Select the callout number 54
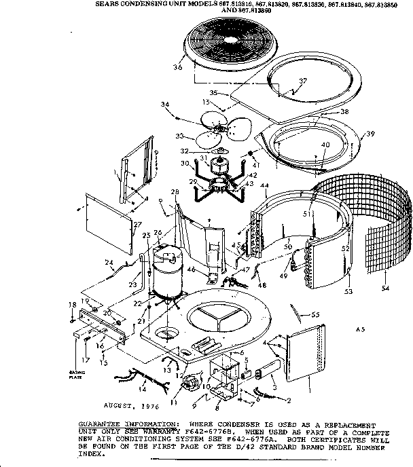point(385,288)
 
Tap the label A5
point(360,329)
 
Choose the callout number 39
point(370,135)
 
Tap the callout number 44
point(264,186)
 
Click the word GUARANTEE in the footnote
point(101,422)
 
